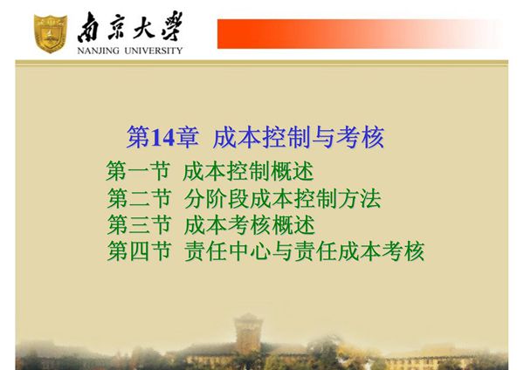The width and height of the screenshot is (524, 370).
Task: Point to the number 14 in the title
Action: (163, 137)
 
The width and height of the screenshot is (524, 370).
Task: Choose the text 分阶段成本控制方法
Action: (282, 198)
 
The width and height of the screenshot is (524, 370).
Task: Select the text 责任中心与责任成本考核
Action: (304, 252)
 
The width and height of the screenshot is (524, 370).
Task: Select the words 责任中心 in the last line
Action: (227, 252)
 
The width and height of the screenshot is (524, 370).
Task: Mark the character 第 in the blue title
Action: (139, 137)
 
